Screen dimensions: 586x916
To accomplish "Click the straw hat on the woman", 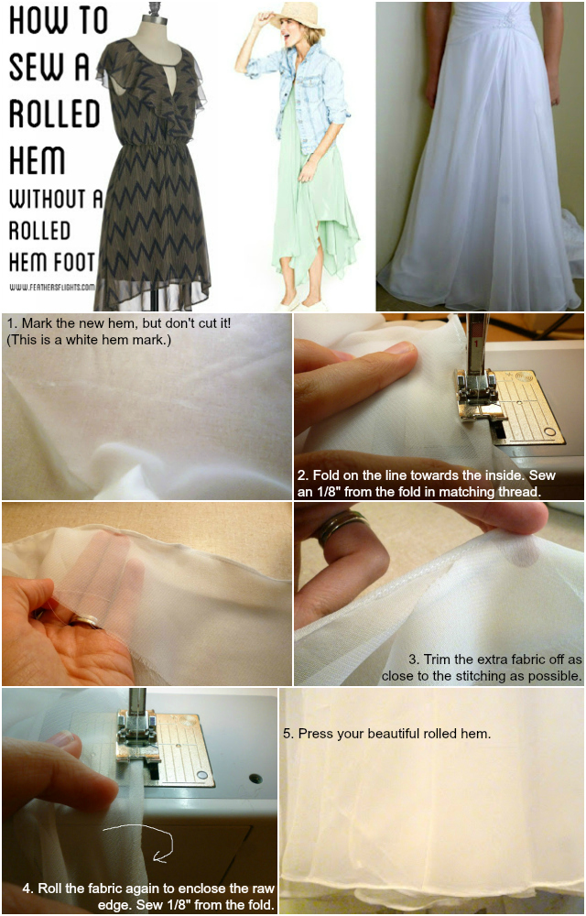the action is (297, 16).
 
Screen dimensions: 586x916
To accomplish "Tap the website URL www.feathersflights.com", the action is (52, 287).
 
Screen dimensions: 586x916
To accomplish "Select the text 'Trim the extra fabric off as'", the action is (495, 660).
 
